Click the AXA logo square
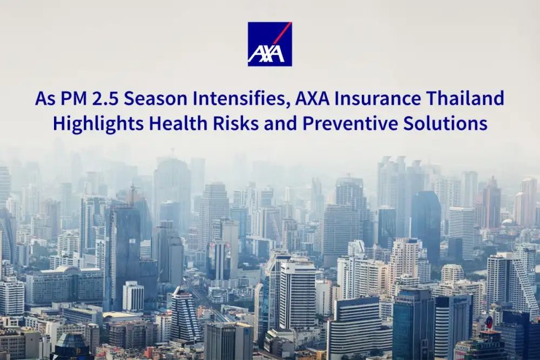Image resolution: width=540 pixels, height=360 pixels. [x=269, y=44]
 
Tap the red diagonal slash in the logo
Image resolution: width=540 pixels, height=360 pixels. [x=282, y=33]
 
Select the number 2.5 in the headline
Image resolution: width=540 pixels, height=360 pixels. [x=106, y=98]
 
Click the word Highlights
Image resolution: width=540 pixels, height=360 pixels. [x=99, y=124]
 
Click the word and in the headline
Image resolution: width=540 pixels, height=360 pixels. [x=281, y=124]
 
